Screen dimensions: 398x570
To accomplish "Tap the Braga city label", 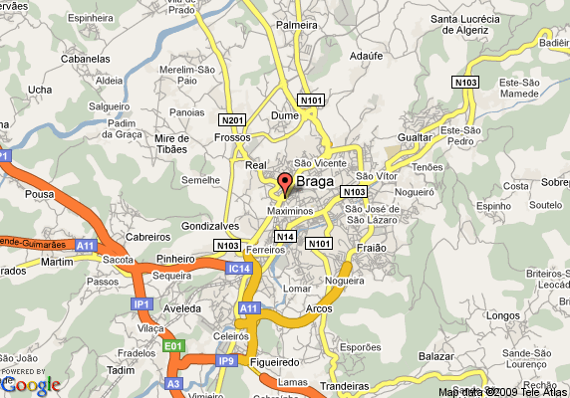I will (x=315, y=182).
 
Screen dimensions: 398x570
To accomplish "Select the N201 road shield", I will (x=232, y=119).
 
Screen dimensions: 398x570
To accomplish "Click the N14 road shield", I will (x=286, y=236).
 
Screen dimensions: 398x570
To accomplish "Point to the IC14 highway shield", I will (x=239, y=269).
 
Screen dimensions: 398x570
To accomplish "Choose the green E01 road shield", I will (x=174, y=345).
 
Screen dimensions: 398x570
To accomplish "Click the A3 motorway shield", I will (x=174, y=383).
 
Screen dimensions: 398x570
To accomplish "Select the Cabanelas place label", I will (x=56, y=58).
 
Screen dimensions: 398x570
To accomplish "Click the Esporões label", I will (x=360, y=346).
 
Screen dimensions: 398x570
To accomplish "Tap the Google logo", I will (x=31, y=383).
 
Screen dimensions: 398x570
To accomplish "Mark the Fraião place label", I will (x=371, y=247).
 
